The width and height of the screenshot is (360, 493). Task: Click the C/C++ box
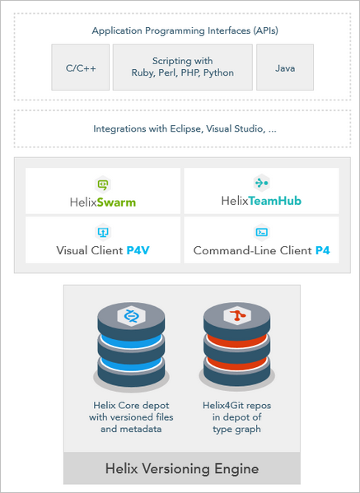[81, 67]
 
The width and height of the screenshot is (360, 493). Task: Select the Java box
[285, 67]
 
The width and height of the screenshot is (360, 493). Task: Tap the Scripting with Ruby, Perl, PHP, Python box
[183, 67]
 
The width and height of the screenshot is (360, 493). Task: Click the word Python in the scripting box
[218, 73]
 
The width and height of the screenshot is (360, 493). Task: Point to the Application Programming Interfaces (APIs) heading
[185, 30]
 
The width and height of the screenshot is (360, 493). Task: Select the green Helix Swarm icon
[103, 184]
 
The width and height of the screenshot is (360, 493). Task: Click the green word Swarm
[116, 202]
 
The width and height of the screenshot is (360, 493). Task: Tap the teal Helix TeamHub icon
[261, 183]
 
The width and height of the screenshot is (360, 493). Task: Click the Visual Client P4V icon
[103, 232]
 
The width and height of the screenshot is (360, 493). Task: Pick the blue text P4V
[138, 250]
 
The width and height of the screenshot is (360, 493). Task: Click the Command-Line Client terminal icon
[261, 232]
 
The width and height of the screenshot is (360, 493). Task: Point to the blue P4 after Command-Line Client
[323, 250]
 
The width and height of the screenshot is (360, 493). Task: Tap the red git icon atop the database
[236, 315]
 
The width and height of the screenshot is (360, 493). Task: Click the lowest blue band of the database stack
[131, 364]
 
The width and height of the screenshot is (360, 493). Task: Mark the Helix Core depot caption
[131, 417]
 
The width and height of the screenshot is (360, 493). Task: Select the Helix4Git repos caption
[236, 417]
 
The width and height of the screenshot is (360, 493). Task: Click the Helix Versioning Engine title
[182, 468]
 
